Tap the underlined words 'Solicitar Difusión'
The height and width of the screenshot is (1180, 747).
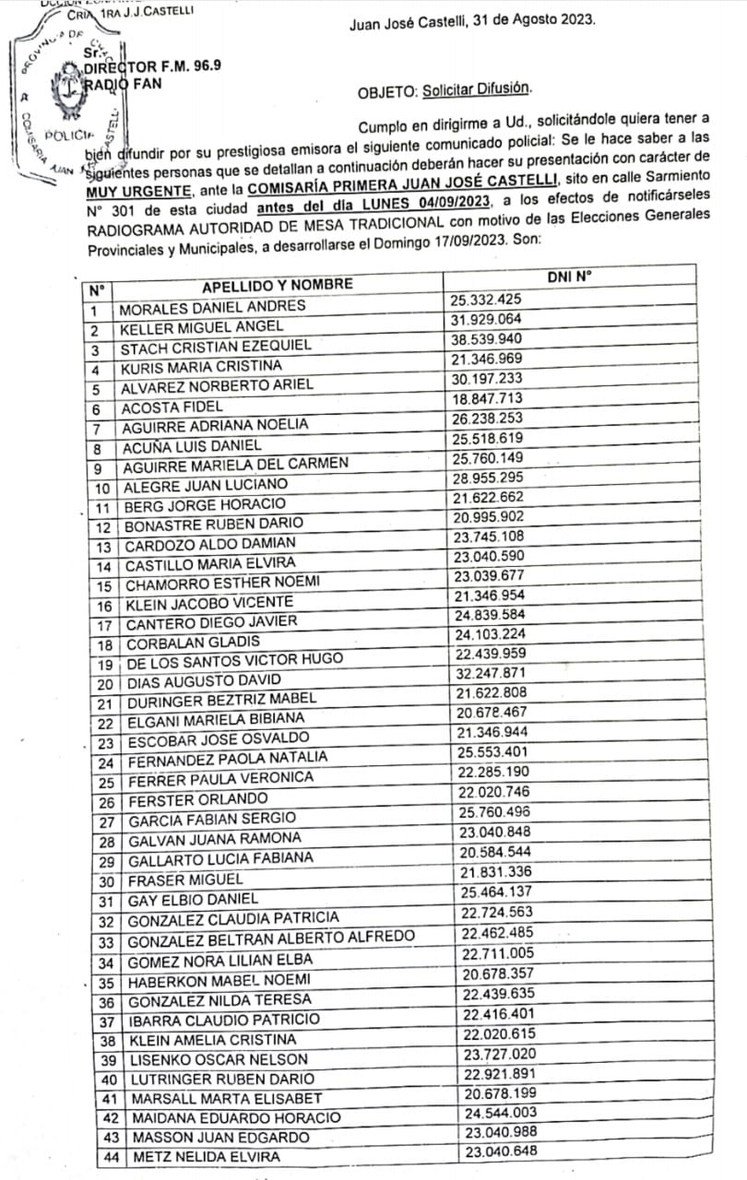tap(477, 89)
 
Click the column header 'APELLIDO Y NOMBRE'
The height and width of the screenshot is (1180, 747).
tap(277, 284)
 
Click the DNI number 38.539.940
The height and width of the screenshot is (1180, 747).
tap(487, 338)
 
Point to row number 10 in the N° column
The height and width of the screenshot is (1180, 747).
tap(101, 487)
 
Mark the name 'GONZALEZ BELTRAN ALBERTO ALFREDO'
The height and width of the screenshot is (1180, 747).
tap(271, 941)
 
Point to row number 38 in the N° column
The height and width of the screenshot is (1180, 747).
tap(106, 1040)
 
